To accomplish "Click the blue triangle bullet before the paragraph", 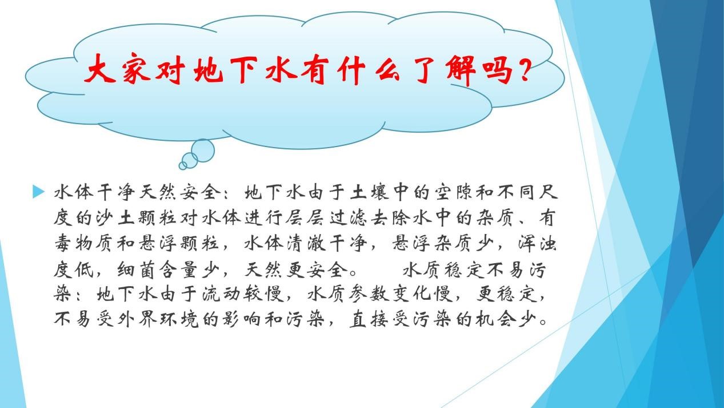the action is pyautogui.click(x=38, y=191).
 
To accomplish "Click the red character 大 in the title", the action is pyautogui.click(x=100, y=69).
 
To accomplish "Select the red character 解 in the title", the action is pyautogui.click(x=461, y=70).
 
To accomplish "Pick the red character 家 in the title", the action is pyautogui.click(x=137, y=70).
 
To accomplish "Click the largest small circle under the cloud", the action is pyautogui.click(x=203, y=150).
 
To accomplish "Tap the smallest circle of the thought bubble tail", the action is pyautogui.click(x=183, y=165).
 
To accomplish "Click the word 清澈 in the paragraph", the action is pyautogui.click(x=306, y=243).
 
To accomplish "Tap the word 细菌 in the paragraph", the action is pyautogui.click(x=136, y=269).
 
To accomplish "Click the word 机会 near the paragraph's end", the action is pyautogui.click(x=495, y=319).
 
